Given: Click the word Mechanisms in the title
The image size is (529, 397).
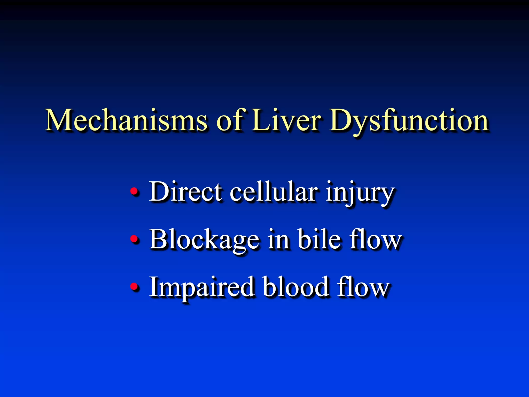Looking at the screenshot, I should coord(126,120).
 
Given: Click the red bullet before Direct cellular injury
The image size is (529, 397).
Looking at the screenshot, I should coord(134,192).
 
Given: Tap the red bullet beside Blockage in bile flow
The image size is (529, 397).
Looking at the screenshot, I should coord(134,239).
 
